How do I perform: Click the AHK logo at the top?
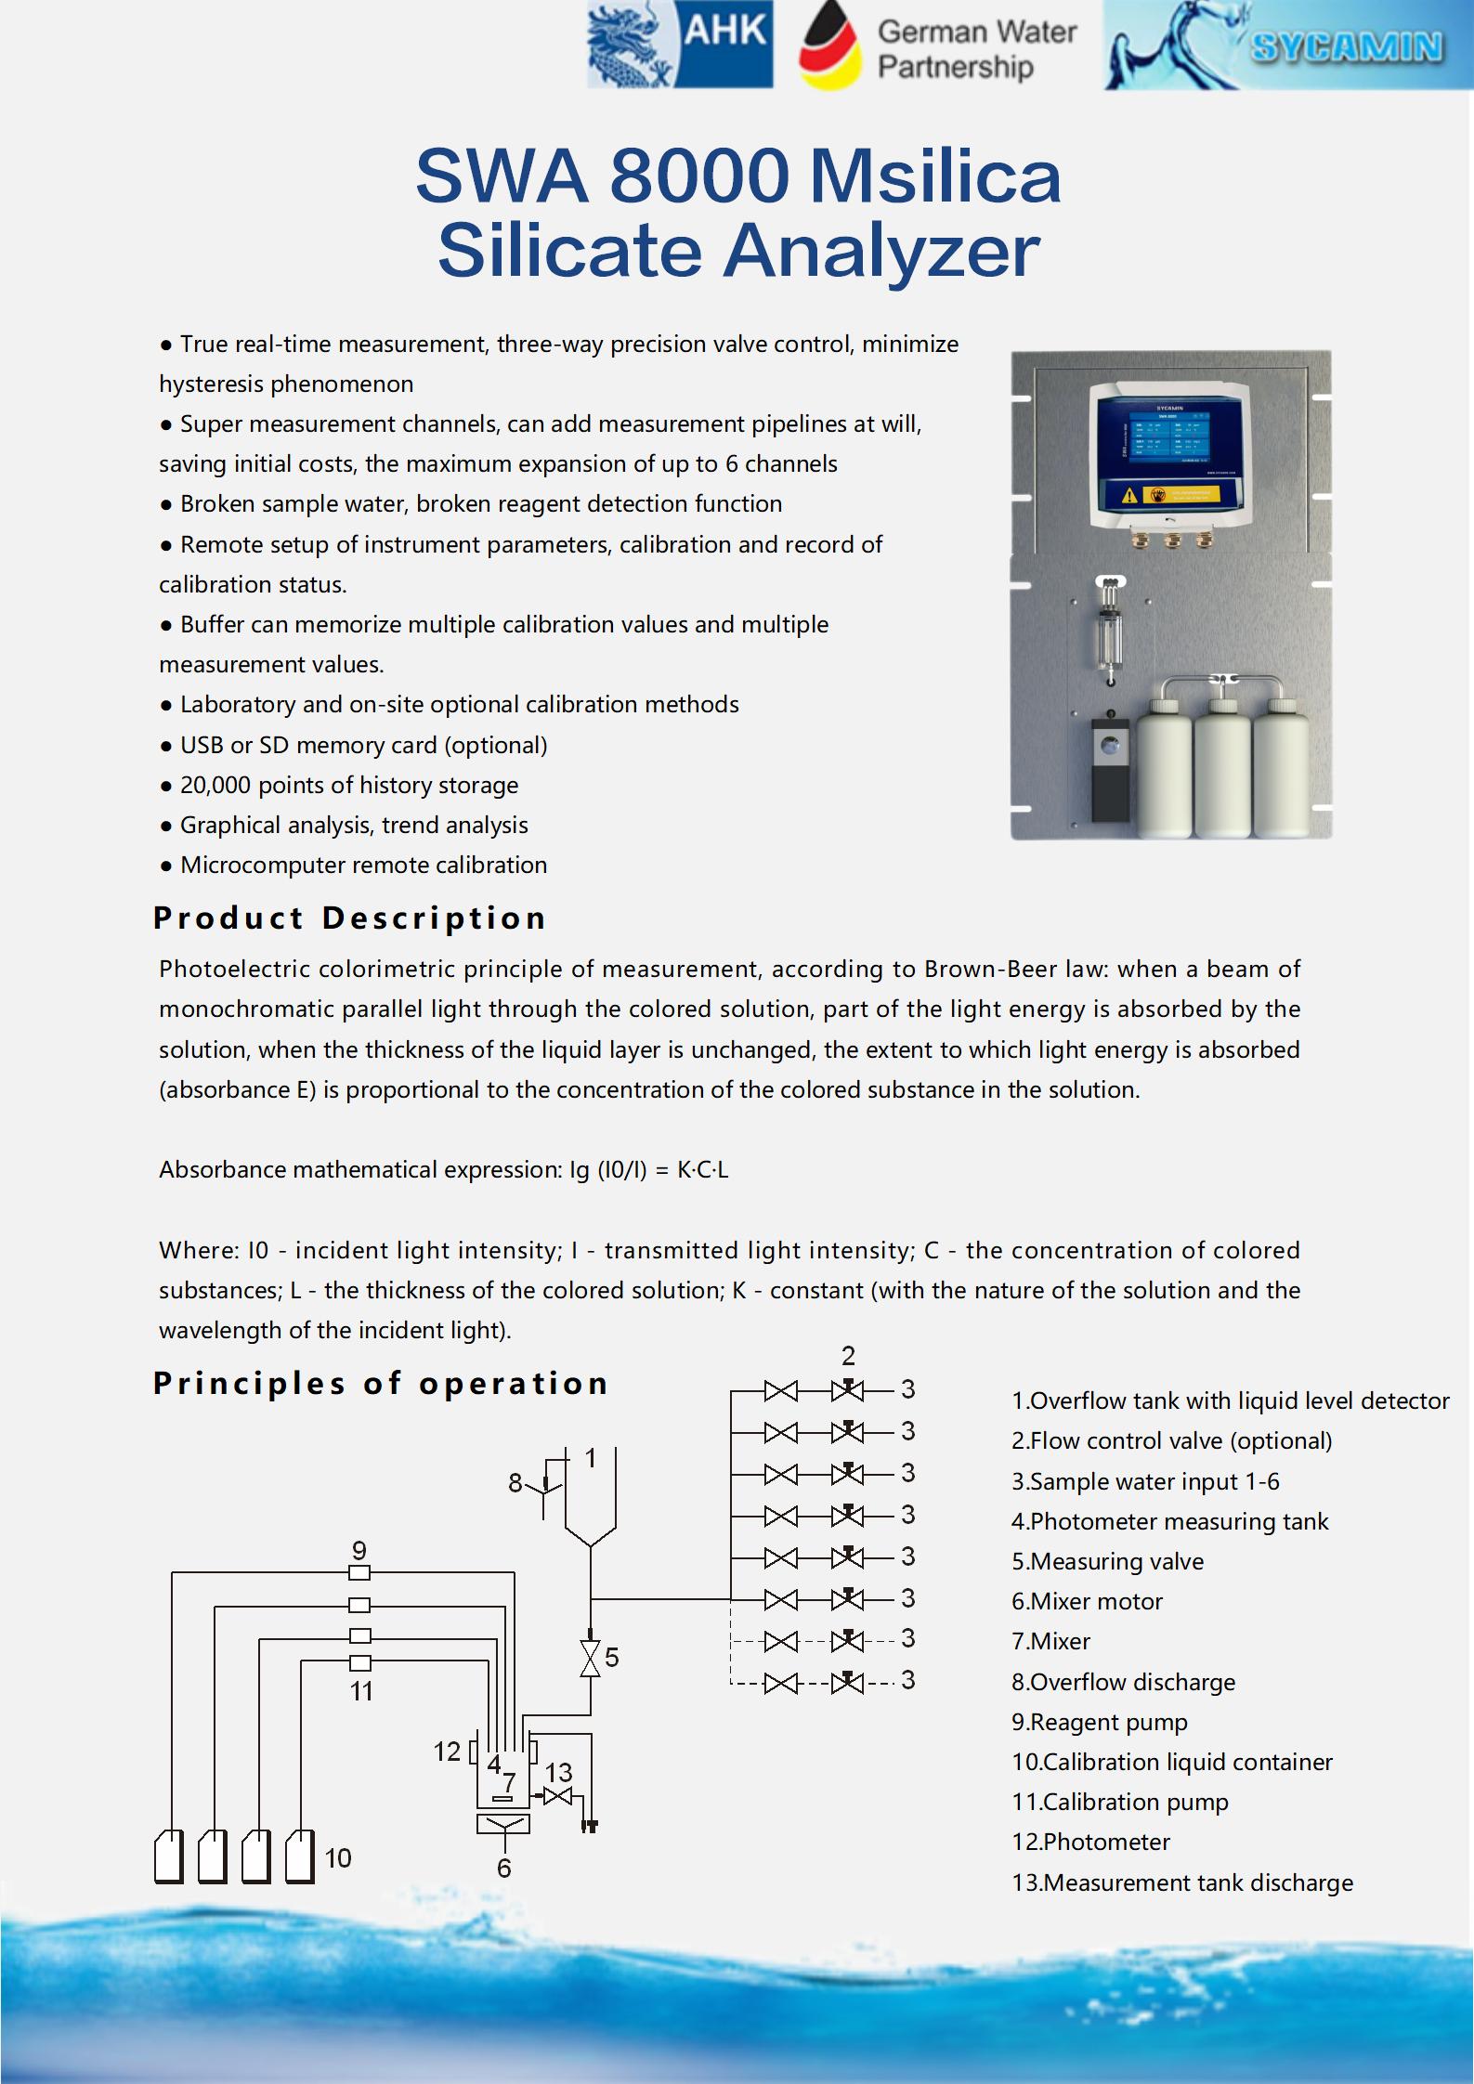[x=679, y=46]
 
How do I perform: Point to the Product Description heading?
[x=349, y=918]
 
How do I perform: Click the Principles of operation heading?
[x=381, y=1383]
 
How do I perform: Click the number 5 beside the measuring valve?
[x=611, y=1658]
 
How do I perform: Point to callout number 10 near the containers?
[x=338, y=1857]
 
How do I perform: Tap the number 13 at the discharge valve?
[x=558, y=1772]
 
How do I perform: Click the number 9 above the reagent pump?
[x=359, y=1550]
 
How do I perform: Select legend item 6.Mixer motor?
[x=1087, y=1601]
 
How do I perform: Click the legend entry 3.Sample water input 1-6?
[x=1144, y=1481]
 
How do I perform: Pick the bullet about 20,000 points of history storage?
[x=348, y=785]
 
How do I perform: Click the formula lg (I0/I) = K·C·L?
[x=648, y=1169]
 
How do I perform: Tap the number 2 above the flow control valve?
[x=848, y=1356]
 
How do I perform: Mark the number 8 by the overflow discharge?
[x=515, y=1483]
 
